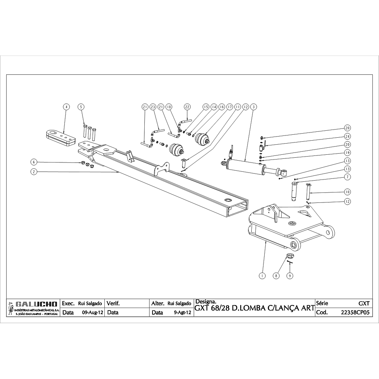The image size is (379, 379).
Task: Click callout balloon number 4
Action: (x=66, y=107)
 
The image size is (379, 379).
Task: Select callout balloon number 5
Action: (x=81, y=107)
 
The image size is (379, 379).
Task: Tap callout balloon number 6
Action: (x=34, y=162)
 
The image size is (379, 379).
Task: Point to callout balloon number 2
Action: (x=34, y=172)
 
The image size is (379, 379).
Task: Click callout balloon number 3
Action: (x=253, y=107)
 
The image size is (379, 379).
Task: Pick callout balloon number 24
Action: (x=347, y=136)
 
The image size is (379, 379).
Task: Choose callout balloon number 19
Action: (x=347, y=152)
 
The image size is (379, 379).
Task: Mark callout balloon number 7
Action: (x=347, y=177)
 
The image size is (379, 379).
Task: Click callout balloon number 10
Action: (x=347, y=192)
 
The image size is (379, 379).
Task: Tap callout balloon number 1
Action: (x=262, y=275)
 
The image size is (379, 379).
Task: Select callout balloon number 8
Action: (x=276, y=275)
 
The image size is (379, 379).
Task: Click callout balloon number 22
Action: (x=187, y=107)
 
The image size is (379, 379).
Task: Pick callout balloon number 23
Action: (x=153, y=107)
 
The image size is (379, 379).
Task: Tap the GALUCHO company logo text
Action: (x=36, y=304)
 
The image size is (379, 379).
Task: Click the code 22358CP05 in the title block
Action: (x=355, y=312)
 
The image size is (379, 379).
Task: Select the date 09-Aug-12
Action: (x=93, y=312)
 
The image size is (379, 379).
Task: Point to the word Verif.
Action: (x=113, y=303)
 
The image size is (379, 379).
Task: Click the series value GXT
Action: (x=364, y=303)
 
